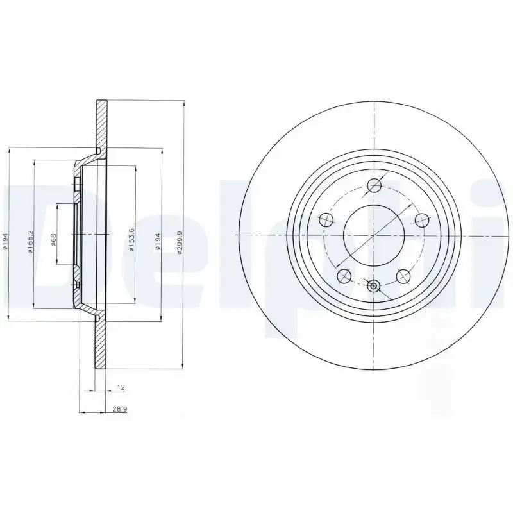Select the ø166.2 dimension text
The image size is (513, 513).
29,242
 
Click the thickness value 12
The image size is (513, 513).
120,388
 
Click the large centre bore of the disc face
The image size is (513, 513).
373,235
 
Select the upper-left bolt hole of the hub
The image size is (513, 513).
326,221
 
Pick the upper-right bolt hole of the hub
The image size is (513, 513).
421,221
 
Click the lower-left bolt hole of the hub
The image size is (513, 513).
344,276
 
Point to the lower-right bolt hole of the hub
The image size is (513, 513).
403,276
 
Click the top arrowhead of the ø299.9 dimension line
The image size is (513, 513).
185,103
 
